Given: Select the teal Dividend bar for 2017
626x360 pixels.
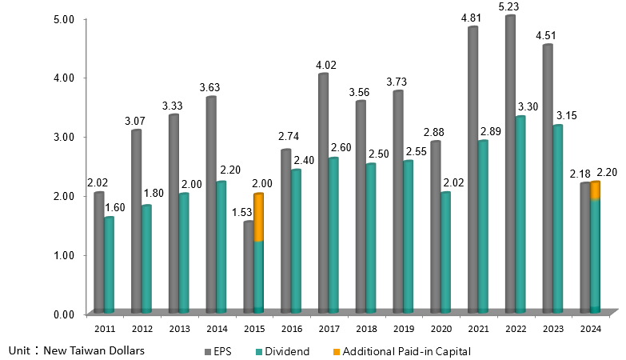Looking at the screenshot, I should click(x=333, y=235).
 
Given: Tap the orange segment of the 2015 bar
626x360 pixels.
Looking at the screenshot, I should click(x=258, y=217).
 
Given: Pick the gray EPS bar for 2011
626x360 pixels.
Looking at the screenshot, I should click(x=98, y=252).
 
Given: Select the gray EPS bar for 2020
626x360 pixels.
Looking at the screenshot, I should click(x=435, y=227).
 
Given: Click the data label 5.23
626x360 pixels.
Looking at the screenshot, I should click(x=510, y=6).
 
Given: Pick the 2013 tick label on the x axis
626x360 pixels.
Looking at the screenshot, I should click(x=178, y=328).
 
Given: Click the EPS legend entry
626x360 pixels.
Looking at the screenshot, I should click(x=222, y=351).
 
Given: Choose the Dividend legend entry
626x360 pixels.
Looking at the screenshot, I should click(x=284, y=351).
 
